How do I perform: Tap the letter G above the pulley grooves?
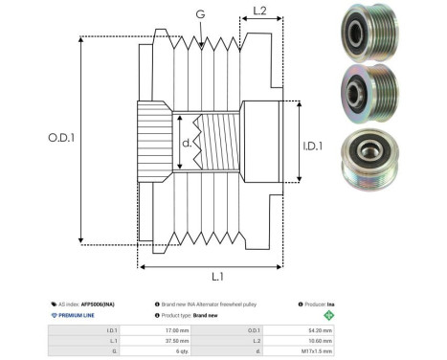(x=198, y=14)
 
